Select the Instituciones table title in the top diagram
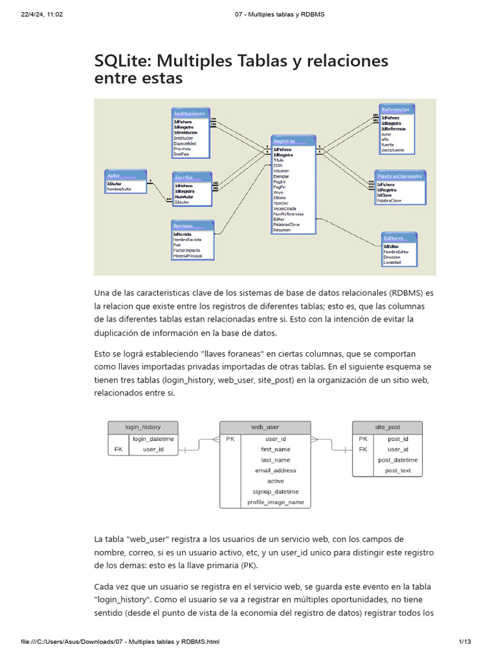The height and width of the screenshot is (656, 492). pyautogui.click(x=190, y=113)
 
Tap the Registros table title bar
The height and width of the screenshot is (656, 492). pyautogui.click(x=284, y=140)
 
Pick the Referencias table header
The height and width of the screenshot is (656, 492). pyautogui.click(x=395, y=110)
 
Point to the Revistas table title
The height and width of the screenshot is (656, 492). pyautogui.click(x=183, y=225)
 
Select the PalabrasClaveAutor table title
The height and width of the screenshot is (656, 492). pyautogui.click(x=399, y=176)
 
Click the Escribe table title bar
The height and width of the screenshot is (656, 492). pyautogui.click(x=184, y=177)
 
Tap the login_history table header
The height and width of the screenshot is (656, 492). pyautogui.click(x=143, y=427)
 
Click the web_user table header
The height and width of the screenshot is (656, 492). pyautogui.click(x=265, y=427)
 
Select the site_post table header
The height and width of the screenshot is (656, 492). pyautogui.click(x=388, y=427)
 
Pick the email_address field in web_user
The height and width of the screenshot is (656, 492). pyautogui.click(x=275, y=470)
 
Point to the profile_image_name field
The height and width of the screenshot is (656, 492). pyautogui.click(x=275, y=502)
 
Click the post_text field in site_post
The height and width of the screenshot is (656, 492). pyautogui.click(x=398, y=470)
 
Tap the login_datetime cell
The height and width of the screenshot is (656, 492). pyautogui.click(x=153, y=439)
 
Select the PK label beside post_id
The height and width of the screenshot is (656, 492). pyautogui.click(x=363, y=439)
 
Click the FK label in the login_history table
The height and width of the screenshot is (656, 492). pyautogui.click(x=118, y=450)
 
